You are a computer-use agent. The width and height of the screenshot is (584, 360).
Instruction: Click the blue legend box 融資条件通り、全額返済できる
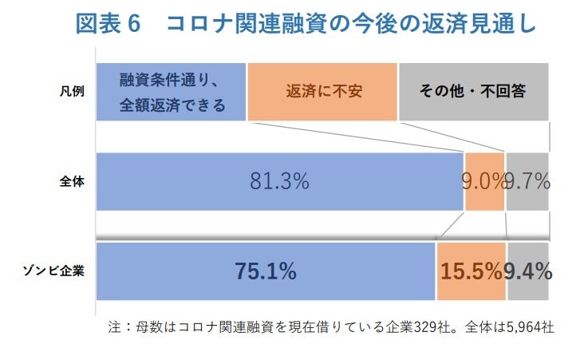pos(171,92)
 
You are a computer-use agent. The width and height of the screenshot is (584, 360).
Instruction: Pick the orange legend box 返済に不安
pos(323,92)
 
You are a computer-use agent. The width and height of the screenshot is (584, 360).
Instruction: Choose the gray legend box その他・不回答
pos(473,92)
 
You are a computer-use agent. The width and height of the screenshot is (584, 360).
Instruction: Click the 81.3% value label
pos(279,181)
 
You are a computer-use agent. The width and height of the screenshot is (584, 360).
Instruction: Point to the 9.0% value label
pos(482,181)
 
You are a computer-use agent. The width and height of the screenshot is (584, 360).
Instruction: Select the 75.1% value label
pos(265,271)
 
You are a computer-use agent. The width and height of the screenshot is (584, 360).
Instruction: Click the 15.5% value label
pos(471,271)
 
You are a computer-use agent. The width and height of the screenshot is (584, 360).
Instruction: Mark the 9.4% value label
pos(528,271)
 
